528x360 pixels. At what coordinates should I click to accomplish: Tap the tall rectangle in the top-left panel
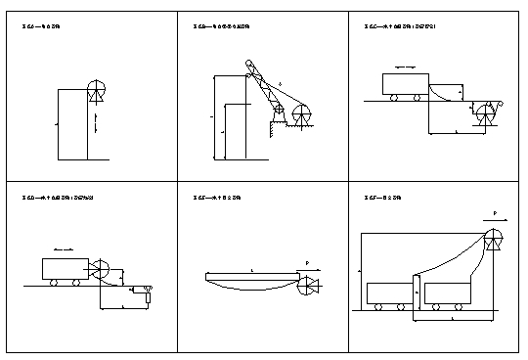pos(72,123)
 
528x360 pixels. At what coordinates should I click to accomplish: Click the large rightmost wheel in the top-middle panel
pos(302,115)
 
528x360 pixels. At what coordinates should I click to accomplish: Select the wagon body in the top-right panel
pos(397,84)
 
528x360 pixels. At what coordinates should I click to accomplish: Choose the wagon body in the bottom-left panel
pos(65,268)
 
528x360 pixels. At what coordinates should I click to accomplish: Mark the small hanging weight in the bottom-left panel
pos(147,290)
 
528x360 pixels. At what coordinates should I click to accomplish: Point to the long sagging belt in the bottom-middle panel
pos(251,285)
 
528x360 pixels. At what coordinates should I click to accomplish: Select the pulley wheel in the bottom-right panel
pos(493,238)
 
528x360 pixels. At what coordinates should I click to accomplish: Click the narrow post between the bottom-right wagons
pos(418,293)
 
